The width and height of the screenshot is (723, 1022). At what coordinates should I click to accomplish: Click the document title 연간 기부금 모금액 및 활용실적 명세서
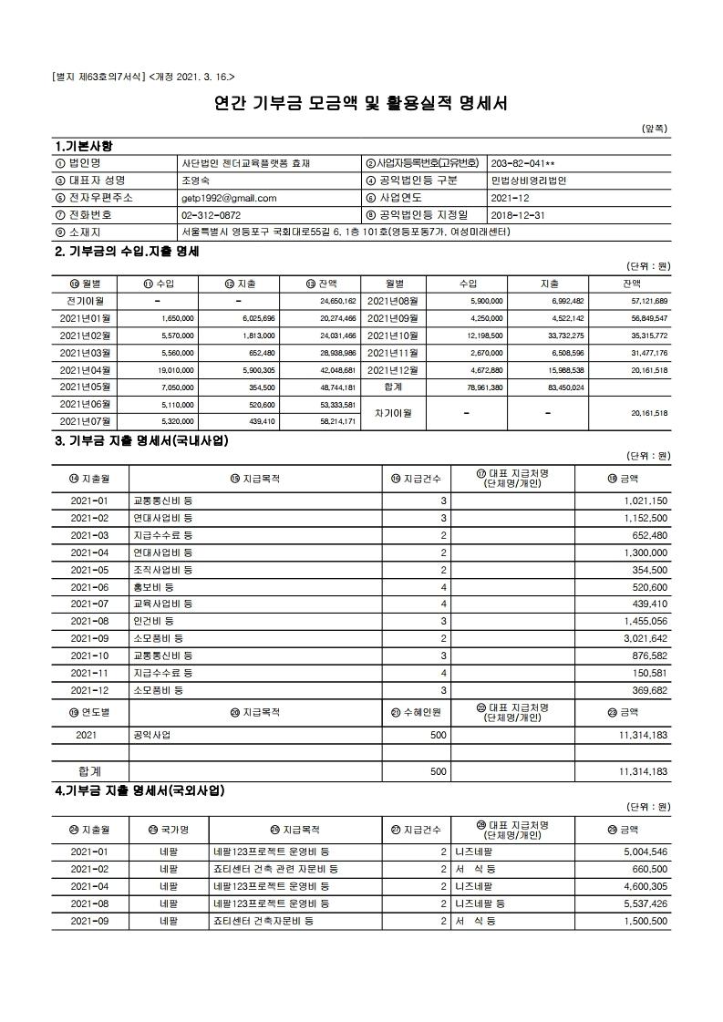click(x=360, y=102)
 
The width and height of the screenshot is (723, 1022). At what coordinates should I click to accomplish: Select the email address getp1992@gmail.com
click(x=229, y=197)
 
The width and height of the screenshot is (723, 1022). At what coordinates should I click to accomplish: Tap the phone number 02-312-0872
click(x=212, y=214)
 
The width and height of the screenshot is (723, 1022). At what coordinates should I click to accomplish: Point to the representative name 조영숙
click(x=197, y=180)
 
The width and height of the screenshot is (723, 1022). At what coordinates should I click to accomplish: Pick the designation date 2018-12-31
click(x=517, y=214)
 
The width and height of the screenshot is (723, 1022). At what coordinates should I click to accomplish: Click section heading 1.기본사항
click(x=85, y=146)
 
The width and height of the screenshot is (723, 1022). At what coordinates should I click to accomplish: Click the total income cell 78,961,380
click(x=480, y=387)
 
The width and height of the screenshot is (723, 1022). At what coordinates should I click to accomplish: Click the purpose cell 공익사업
click(x=152, y=734)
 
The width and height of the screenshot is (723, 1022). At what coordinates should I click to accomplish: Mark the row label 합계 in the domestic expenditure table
click(x=89, y=770)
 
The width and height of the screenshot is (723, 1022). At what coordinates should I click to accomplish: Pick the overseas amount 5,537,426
click(x=645, y=903)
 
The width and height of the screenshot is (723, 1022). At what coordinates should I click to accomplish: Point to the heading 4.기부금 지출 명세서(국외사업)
click(x=139, y=790)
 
